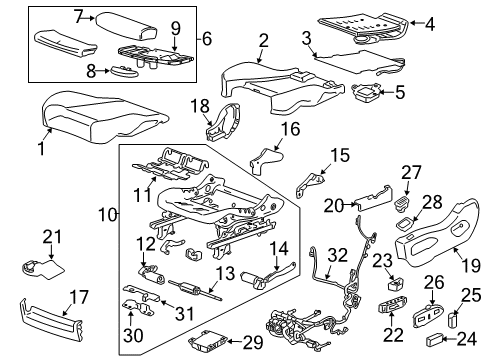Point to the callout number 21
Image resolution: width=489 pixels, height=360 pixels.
tap(51, 236)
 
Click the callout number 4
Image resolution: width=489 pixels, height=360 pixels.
tap(458, 23)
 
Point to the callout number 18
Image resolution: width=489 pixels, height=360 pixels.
tap(199, 107)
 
